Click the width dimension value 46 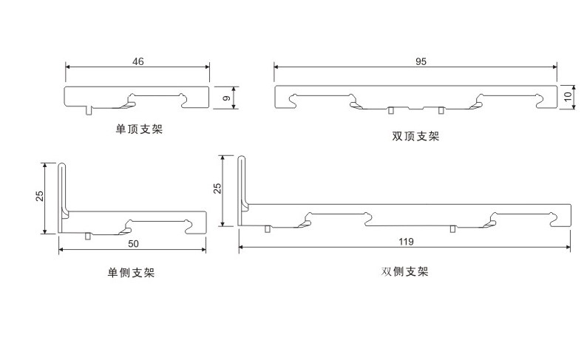click(137, 61)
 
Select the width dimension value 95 click(421, 61)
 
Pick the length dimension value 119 click(406, 242)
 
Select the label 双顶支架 click(415, 136)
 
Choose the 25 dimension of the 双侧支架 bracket click(217, 188)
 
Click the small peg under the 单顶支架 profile click(89, 110)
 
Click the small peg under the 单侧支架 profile click(88, 237)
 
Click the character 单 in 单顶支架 click(120, 129)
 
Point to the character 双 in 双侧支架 click(387, 271)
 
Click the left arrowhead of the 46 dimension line click(69, 67)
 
